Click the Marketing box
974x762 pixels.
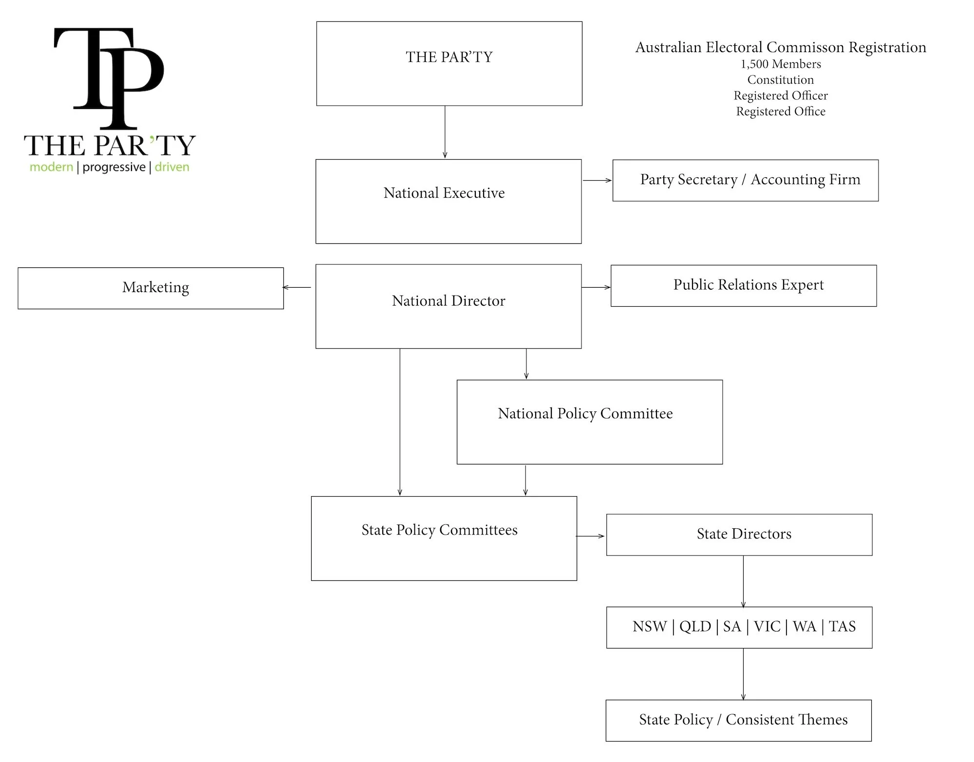click(x=150, y=288)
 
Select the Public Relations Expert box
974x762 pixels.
click(x=744, y=286)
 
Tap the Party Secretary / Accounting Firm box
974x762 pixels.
click(x=746, y=180)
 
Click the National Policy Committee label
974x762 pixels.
click(x=585, y=413)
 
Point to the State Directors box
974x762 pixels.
click(x=739, y=535)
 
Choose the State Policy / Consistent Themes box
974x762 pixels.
click(x=739, y=721)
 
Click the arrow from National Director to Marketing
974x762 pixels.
click(x=297, y=287)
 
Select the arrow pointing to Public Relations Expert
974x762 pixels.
click(x=596, y=287)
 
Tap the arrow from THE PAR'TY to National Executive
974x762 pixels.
click(x=445, y=132)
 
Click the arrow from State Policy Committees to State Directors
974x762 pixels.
click(x=590, y=536)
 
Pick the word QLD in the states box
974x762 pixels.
click(x=695, y=626)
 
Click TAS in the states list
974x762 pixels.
click(x=842, y=626)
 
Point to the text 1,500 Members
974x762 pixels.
click(x=781, y=64)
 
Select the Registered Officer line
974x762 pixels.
click(x=781, y=95)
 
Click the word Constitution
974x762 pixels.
click(x=781, y=79)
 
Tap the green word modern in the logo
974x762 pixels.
click(x=51, y=167)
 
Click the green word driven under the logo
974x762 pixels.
click(x=172, y=167)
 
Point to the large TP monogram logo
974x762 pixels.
click(x=109, y=78)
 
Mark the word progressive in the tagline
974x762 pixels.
click(x=114, y=167)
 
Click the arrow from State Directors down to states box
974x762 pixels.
click(x=743, y=581)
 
